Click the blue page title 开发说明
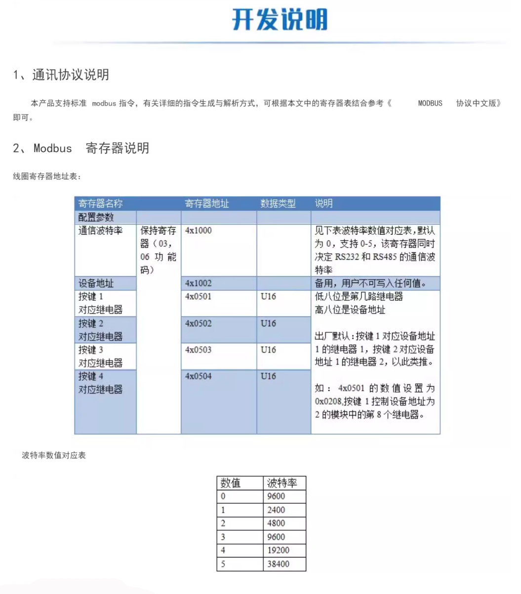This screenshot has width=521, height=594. (x=280, y=20)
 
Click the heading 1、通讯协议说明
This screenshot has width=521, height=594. (x=61, y=75)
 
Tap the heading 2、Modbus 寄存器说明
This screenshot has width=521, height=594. (x=81, y=148)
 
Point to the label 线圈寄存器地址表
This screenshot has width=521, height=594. (x=47, y=176)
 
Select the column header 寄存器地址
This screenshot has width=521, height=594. (x=207, y=203)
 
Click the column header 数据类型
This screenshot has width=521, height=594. (x=278, y=203)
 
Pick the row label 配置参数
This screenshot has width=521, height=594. (x=96, y=217)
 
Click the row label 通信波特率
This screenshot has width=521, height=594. (x=100, y=231)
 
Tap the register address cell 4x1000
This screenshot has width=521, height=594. (x=199, y=231)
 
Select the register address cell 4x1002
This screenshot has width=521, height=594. (x=199, y=283)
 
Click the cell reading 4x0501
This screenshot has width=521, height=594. (x=199, y=297)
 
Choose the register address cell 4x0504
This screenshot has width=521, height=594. (x=199, y=376)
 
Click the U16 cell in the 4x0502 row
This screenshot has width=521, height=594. (x=268, y=323)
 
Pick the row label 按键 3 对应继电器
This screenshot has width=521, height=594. (x=100, y=356)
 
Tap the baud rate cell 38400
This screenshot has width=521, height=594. (x=278, y=564)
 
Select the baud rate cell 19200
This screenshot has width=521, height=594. (x=278, y=550)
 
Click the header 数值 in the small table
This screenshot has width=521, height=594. (x=231, y=483)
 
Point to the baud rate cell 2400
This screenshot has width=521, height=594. (x=276, y=510)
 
